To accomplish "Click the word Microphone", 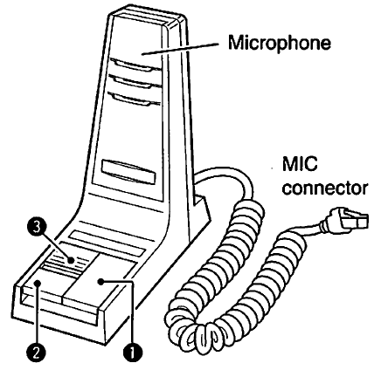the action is [279, 44].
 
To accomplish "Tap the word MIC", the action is [300, 164].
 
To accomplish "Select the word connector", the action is [325, 188].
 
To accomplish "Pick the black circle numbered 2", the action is [37, 353].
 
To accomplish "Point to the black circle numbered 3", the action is [37, 227].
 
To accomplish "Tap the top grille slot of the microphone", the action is [135, 65].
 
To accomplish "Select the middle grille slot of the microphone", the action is [135, 81].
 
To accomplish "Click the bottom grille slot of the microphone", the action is [135, 99].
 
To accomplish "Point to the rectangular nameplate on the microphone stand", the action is [128, 172].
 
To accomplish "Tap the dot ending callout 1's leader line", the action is [100, 282].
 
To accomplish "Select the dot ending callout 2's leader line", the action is [38, 283].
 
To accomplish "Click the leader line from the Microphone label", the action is [180, 49].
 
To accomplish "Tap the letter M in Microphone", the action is [236, 43].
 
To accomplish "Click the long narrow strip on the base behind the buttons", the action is [107, 243].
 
